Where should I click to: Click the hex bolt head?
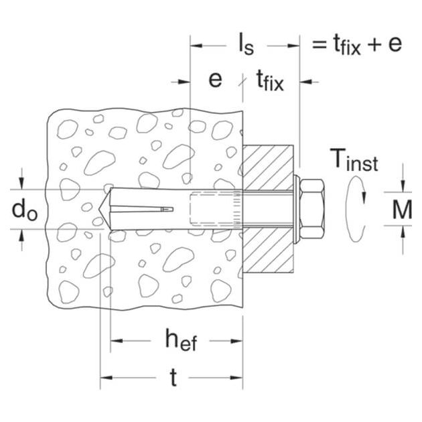[311, 209]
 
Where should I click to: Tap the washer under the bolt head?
[296, 209]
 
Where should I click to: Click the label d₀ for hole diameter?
[25, 210]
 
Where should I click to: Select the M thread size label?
[402, 210]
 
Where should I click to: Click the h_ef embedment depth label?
[181, 340]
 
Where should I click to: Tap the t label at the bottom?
[174, 377]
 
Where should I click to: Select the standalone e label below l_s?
[215, 80]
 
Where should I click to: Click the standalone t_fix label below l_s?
[270, 80]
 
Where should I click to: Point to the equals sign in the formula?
[319, 44]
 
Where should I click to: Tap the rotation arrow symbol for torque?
[355, 209]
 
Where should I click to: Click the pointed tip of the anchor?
[99, 209]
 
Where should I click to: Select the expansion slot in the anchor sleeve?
[142, 209]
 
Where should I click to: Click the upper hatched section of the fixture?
[268, 167]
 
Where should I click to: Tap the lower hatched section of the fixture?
[268, 251]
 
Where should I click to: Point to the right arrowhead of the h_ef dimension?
[237, 341]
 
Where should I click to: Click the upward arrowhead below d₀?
[22, 236]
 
